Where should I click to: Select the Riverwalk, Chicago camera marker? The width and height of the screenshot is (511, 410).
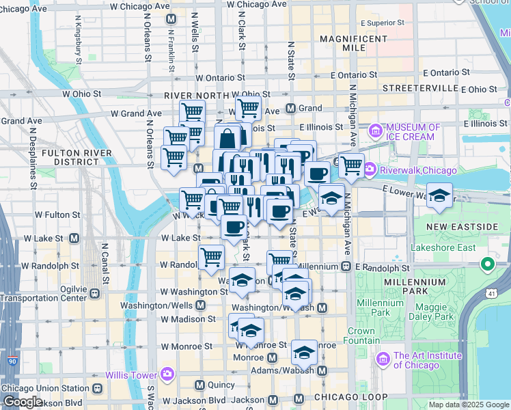(x=370, y=169)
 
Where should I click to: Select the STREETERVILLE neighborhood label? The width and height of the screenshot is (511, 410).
(x=419, y=89)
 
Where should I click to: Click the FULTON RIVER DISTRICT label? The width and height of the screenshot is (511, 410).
(x=70, y=157)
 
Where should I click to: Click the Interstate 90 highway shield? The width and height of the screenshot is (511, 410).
(x=12, y=360)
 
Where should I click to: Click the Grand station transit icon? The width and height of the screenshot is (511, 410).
(x=290, y=108)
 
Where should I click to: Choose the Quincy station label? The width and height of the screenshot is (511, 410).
(x=217, y=385)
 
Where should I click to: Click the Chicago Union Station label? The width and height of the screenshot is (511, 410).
(x=45, y=388)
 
